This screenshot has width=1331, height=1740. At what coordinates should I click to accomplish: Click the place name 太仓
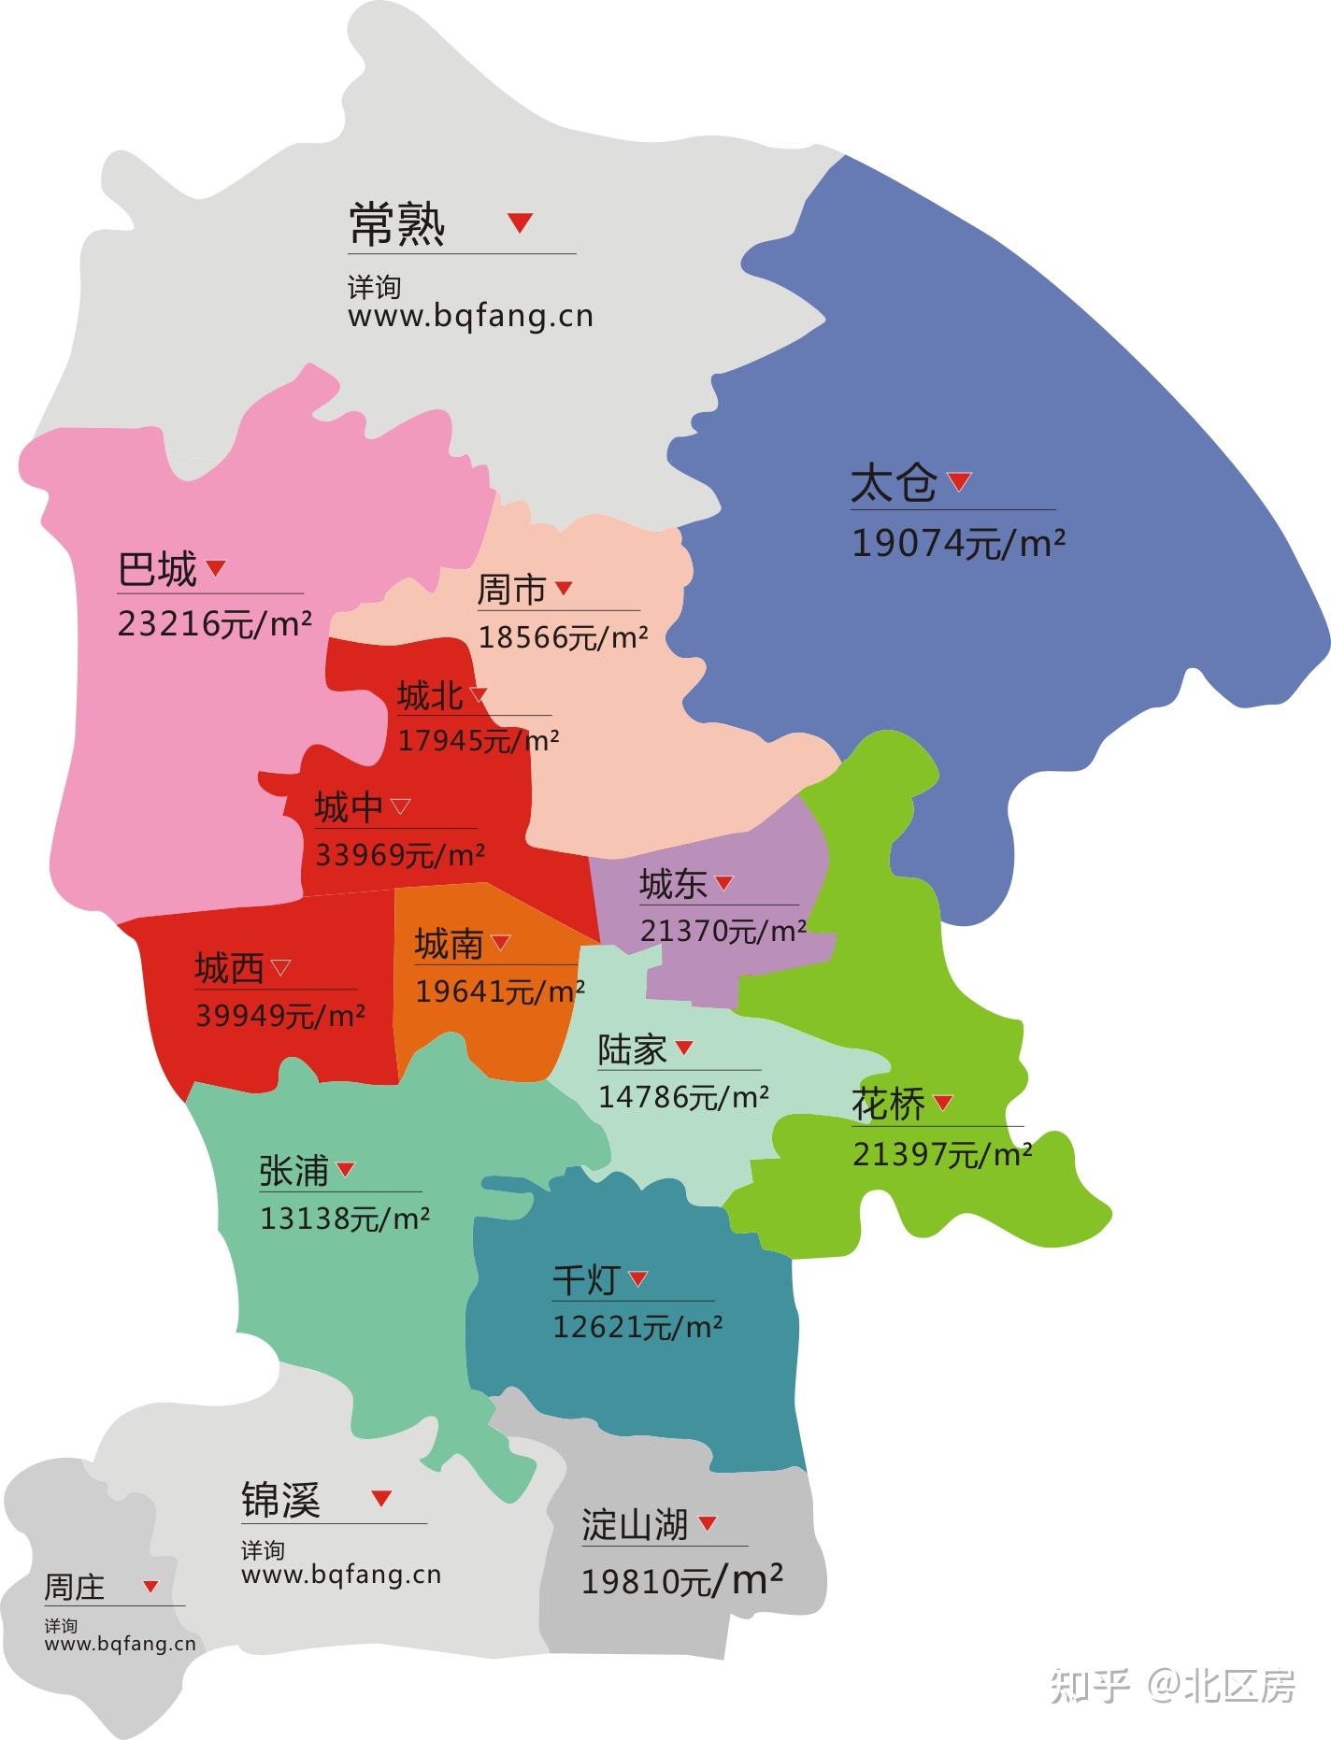pos(894,484)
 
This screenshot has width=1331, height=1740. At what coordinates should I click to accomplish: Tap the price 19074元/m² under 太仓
pos(958,543)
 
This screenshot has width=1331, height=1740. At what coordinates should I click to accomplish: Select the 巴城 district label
pos(158,569)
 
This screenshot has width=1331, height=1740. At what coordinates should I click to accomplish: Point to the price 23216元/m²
pos(214,623)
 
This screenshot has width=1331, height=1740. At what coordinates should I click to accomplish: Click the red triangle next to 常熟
pos(520,222)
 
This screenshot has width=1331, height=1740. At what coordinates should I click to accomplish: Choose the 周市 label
pos(511,590)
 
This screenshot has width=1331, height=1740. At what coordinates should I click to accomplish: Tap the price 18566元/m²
pos(563,637)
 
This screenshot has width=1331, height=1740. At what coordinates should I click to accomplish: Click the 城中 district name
pos(349,807)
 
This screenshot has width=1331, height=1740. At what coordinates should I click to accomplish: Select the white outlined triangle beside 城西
pos(280,967)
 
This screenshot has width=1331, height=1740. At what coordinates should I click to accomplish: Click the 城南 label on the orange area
pos(449,945)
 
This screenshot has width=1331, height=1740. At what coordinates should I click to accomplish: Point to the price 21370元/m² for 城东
pos(723,931)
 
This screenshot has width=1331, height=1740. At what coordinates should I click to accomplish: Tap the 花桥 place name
pos(888,1105)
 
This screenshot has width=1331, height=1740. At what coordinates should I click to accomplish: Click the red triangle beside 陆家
pos(684,1048)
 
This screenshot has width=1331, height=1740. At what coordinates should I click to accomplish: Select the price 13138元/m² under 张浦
pos(344,1219)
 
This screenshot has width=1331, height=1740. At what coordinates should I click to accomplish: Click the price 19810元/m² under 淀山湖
pos(681,1581)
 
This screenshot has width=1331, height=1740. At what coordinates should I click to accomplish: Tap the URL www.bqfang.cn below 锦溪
pos(341,1575)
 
